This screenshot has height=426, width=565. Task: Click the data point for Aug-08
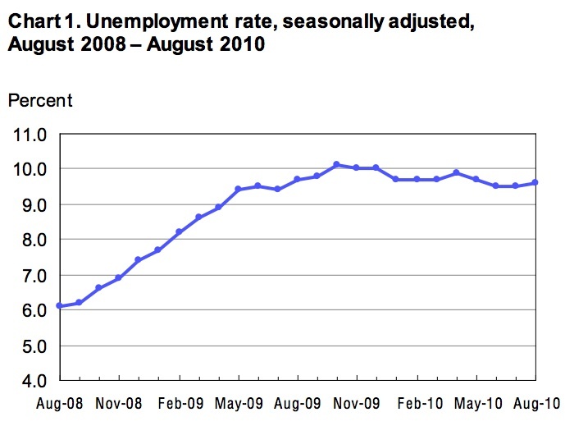coord(59,305)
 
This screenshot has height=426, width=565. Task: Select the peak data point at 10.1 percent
coord(336,165)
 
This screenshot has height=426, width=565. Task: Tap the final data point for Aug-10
coord(535,182)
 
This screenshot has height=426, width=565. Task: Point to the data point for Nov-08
coord(119,278)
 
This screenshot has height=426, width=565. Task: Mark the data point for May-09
coord(238,189)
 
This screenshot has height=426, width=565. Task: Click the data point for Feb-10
coord(417,179)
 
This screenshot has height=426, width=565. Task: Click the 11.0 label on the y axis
coord(30,134)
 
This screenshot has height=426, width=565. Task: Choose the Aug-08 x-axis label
coord(59,404)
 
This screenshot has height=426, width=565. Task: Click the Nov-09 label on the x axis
coord(358,404)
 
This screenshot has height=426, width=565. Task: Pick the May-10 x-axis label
coord(476,404)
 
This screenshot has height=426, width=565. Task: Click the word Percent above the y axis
coord(40,100)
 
